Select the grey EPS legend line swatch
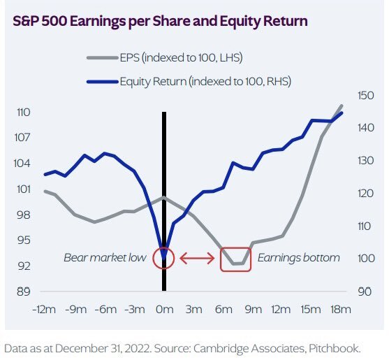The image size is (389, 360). click(x=102, y=58)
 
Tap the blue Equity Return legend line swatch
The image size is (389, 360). click(x=102, y=82)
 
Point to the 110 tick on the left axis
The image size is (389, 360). click(x=24, y=113)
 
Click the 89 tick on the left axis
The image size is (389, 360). click(x=24, y=291)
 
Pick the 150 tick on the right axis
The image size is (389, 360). click(x=365, y=96)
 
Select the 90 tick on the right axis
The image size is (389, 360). click(x=365, y=291)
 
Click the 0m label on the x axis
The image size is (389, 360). click(x=165, y=310)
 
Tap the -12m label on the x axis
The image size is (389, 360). click(x=44, y=310)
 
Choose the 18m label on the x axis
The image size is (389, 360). click(x=341, y=310)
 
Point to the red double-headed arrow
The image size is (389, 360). click(x=197, y=258)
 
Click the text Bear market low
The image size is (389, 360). click(x=105, y=258)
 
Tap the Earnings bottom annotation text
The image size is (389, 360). click(x=299, y=258)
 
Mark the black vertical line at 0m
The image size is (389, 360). click(x=164, y=201)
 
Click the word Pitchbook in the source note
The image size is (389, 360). click(x=335, y=348)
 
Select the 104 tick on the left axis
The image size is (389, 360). click(x=22, y=164)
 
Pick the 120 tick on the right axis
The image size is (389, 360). click(x=365, y=194)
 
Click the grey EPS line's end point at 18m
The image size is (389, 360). click(x=342, y=106)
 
